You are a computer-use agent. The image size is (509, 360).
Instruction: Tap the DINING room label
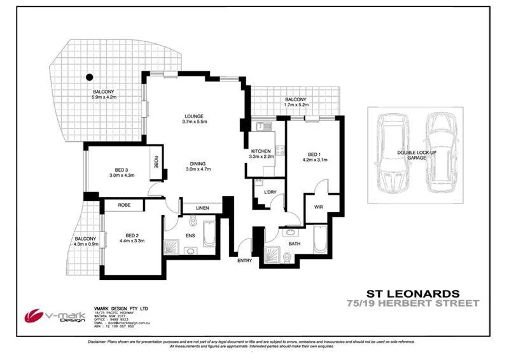click(198, 165)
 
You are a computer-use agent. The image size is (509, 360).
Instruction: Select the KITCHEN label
click(261, 151)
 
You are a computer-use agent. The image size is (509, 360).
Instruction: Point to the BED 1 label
click(313, 155)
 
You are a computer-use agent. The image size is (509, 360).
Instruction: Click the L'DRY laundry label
click(262, 191)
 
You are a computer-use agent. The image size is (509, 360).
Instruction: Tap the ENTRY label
click(244, 260)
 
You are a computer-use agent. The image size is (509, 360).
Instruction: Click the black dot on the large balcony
click(90, 78)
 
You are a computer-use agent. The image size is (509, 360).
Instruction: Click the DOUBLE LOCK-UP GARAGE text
click(415, 155)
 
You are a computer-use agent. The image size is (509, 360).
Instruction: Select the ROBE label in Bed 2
click(123, 205)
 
